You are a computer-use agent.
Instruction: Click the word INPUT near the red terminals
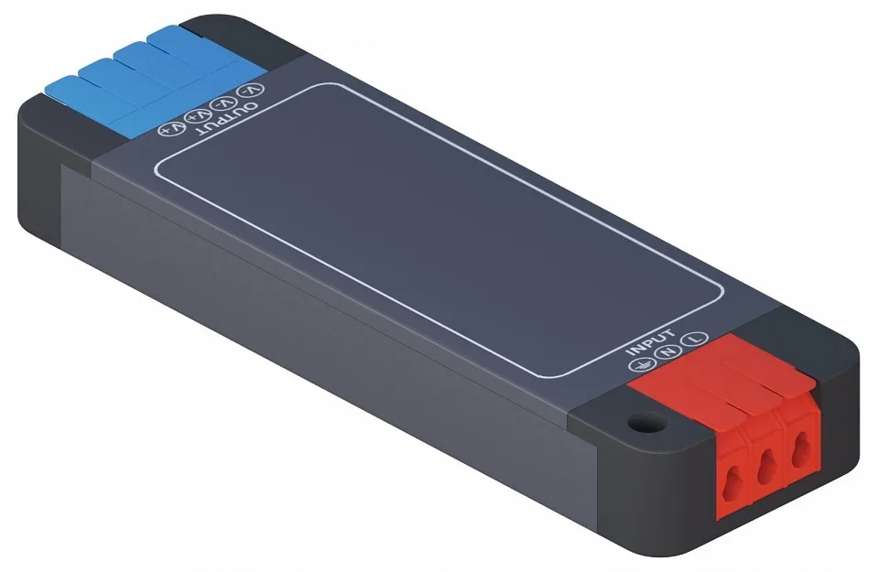650,342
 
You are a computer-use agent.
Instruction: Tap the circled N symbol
667,352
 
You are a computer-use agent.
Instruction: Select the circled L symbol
696,338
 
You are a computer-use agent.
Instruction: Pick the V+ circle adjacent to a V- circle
199,116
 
